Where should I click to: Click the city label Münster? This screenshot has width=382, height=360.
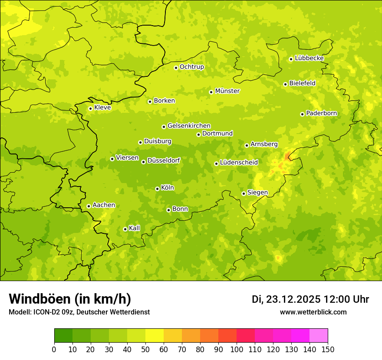(227, 91)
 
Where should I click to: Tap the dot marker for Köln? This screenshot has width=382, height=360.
(157, 189)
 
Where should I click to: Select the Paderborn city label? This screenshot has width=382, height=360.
(321, 113)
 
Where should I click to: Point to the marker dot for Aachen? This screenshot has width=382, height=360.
(89, 206)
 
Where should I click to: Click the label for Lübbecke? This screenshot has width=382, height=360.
(309, 58)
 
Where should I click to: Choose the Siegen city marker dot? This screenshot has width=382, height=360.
(244, 193)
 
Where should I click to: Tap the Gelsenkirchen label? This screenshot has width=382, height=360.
(189, 126)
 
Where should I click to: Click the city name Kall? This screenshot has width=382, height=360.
(134, 228)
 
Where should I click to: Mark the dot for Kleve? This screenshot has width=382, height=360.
(90, 108)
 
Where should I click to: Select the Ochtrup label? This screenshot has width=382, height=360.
(191, 67)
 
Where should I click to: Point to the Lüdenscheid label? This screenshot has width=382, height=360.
(239, 163)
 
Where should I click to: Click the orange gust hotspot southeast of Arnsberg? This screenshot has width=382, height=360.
(288, 156)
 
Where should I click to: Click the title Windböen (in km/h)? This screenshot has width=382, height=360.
(69, 299)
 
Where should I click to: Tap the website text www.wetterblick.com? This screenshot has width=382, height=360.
(313, 312)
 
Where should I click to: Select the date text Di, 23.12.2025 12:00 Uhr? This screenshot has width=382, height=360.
(310, 299)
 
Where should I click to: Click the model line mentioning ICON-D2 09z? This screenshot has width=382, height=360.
(79, 312)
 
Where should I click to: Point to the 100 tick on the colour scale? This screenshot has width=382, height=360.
(237, 349)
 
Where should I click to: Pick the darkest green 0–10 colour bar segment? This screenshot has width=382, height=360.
(63, 336)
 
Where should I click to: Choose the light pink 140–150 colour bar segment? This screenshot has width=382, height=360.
(319, 336)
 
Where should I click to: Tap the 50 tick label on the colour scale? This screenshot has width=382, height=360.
(145, 349)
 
